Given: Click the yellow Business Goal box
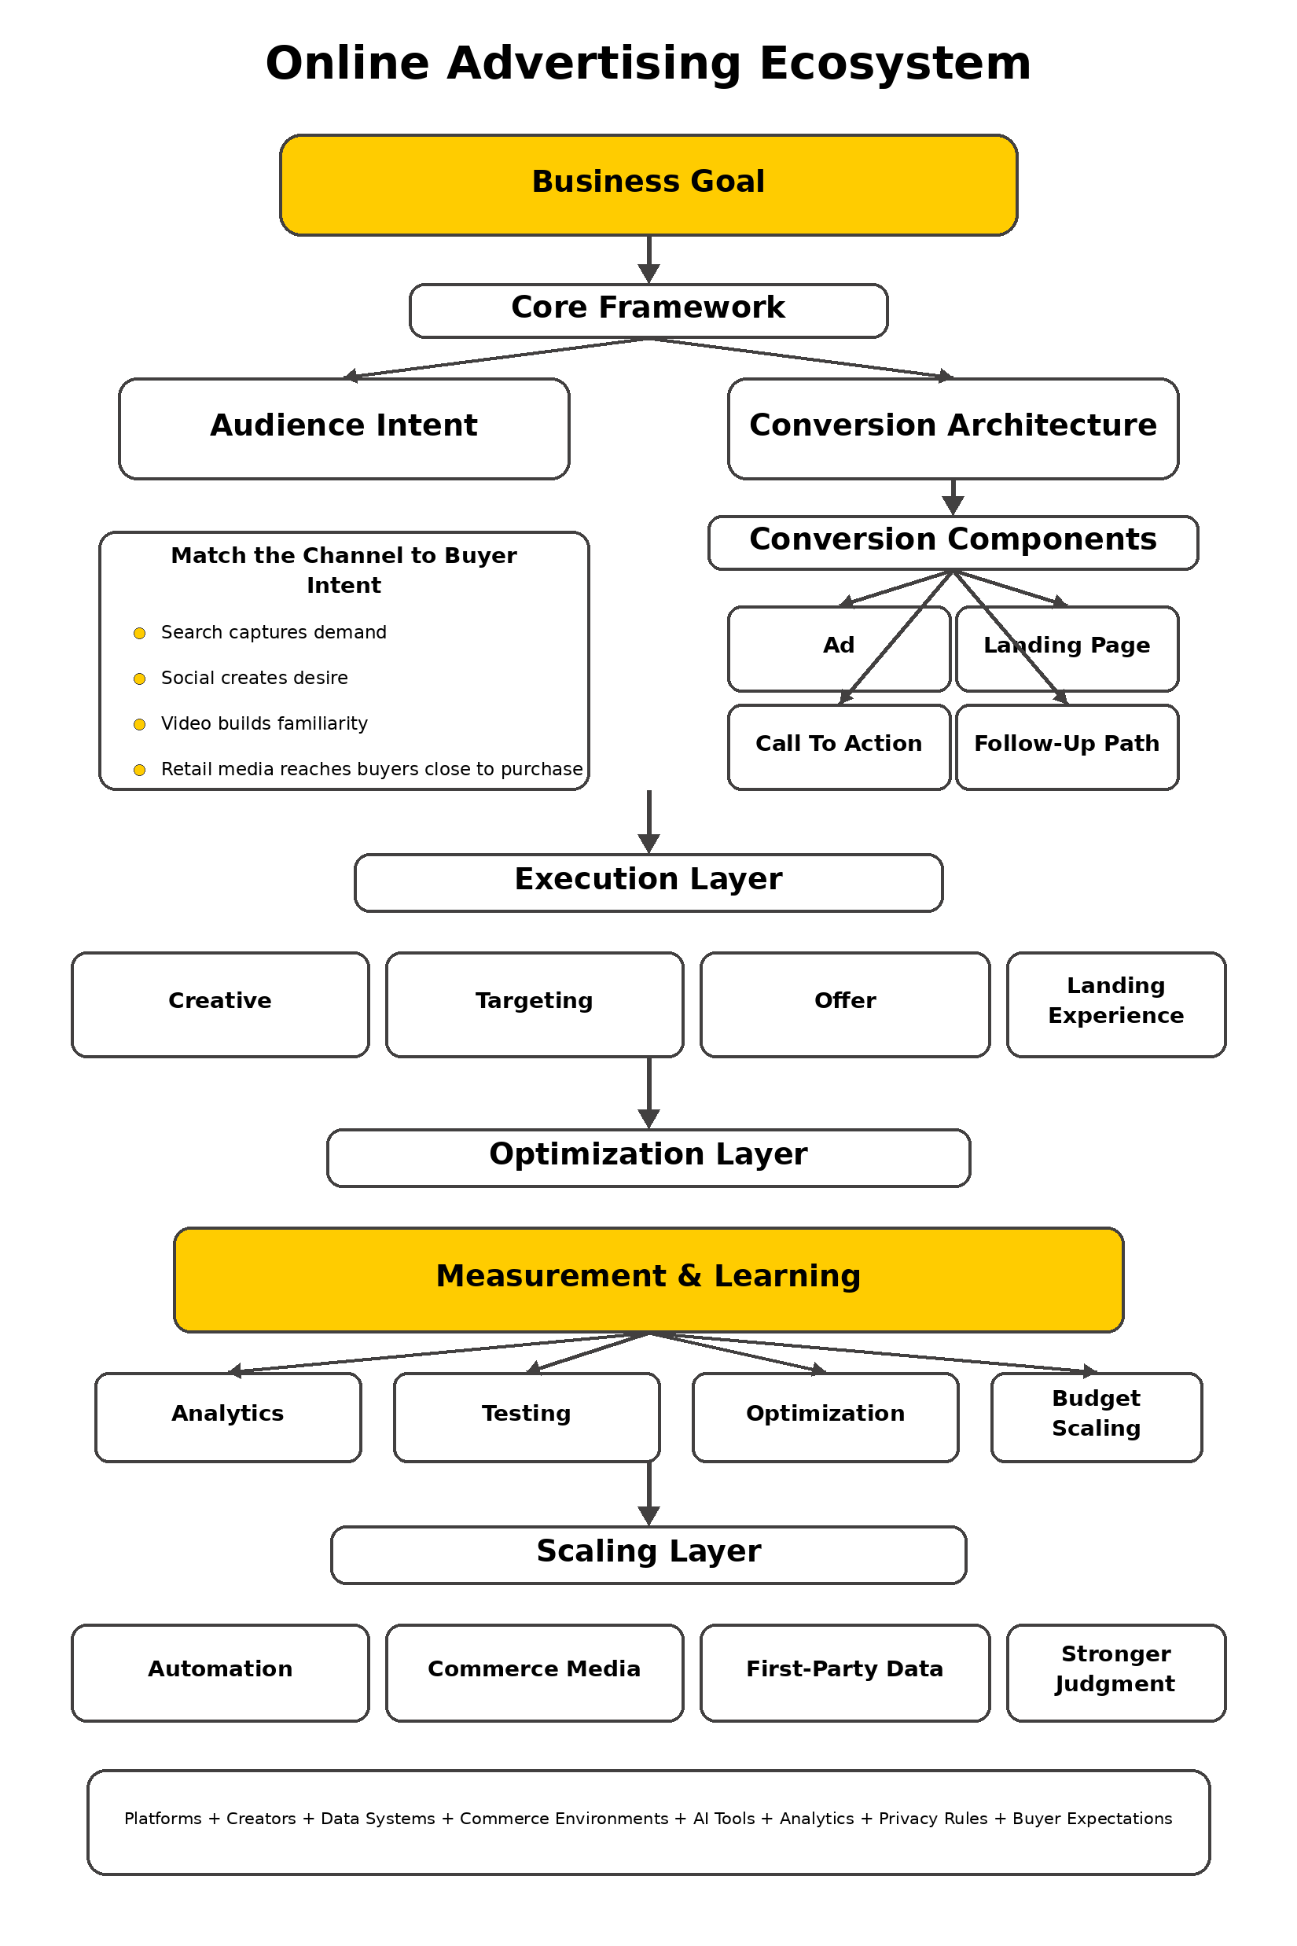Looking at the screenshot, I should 648,185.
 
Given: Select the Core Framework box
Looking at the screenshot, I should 648,311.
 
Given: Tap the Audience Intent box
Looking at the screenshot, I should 344,428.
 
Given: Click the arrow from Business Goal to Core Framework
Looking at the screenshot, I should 648,259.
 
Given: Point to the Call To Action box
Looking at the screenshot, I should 839,746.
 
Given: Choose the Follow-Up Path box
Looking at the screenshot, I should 1067,746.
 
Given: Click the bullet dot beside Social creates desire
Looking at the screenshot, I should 140,679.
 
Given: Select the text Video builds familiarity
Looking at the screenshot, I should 264,723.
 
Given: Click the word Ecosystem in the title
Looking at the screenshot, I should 895,64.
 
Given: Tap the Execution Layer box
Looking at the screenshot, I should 648,882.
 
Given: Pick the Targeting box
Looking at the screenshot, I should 535,1003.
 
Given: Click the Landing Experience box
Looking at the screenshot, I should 1116,1003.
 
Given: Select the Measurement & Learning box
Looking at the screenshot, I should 648,1279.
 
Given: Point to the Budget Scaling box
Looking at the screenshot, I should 1096,1417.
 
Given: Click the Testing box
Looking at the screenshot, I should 526,1417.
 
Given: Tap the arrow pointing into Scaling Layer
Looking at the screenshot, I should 648,1496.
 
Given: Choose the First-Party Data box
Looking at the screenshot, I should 844,1672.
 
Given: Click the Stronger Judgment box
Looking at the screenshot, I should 1116,1672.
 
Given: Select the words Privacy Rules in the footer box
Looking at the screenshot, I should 932,1819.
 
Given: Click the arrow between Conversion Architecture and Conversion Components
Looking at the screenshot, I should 953,496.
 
